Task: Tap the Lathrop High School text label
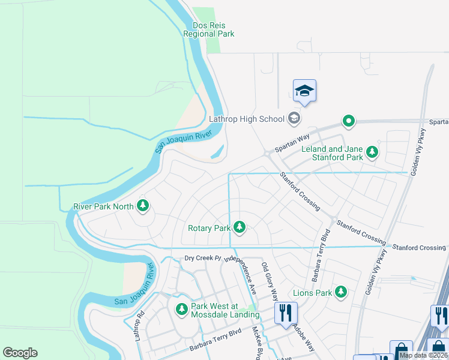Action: tap(246, 119)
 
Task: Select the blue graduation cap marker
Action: tap(304, 91)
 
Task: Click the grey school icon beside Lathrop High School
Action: tap(294, 118)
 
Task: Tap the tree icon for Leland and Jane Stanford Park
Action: tap(373, 152)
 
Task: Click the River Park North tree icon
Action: tap(143, 206)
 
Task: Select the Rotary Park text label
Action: tap(209, 228)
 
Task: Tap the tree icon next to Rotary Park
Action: tap(240, 227)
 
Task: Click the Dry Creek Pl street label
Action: tap(203, 259)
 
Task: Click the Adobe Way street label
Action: tap(303, 339)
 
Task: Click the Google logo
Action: tap(20, 353)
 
